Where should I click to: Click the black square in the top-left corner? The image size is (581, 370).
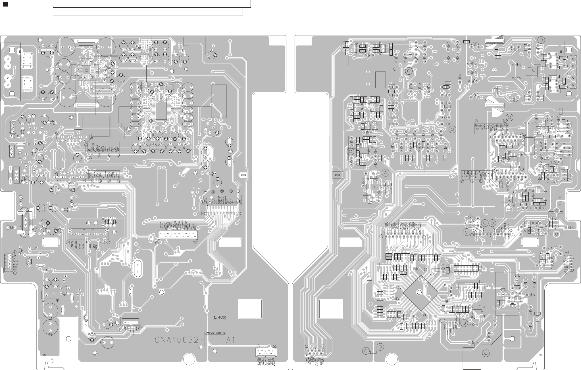pos(4,4)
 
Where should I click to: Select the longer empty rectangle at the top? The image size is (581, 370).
pos(152,4)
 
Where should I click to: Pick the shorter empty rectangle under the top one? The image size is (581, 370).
pos(148,12)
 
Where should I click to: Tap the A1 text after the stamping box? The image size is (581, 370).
pos(230,340)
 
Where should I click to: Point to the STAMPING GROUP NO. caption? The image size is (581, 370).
pos(215,332)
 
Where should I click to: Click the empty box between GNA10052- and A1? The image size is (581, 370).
pos(215,340)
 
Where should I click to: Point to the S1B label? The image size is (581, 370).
pos(45,355)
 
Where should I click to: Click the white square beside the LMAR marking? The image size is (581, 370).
pos(250,309)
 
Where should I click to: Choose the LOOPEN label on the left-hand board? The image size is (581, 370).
pos(72,246)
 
